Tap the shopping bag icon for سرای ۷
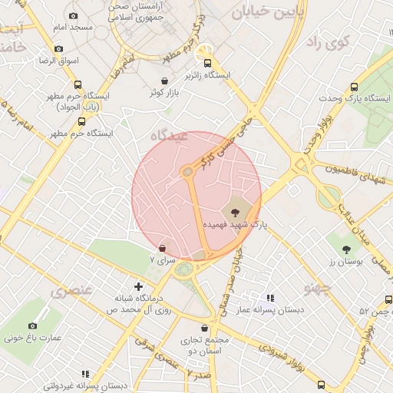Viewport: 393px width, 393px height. (162, 248)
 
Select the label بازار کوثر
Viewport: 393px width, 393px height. (164, 93)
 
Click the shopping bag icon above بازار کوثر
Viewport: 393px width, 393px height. (164, 81)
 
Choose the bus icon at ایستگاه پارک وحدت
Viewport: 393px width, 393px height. (353, 87)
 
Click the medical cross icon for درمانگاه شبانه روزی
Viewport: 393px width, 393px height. (138, 286)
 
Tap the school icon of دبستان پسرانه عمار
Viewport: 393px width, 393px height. (270, 297)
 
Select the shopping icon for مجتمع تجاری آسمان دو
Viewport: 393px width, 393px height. (205, 329)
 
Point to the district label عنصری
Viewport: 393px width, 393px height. (71, 291)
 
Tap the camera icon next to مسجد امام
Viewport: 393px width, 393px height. (73, 15)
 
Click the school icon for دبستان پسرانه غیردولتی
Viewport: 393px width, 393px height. (85, 374)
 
